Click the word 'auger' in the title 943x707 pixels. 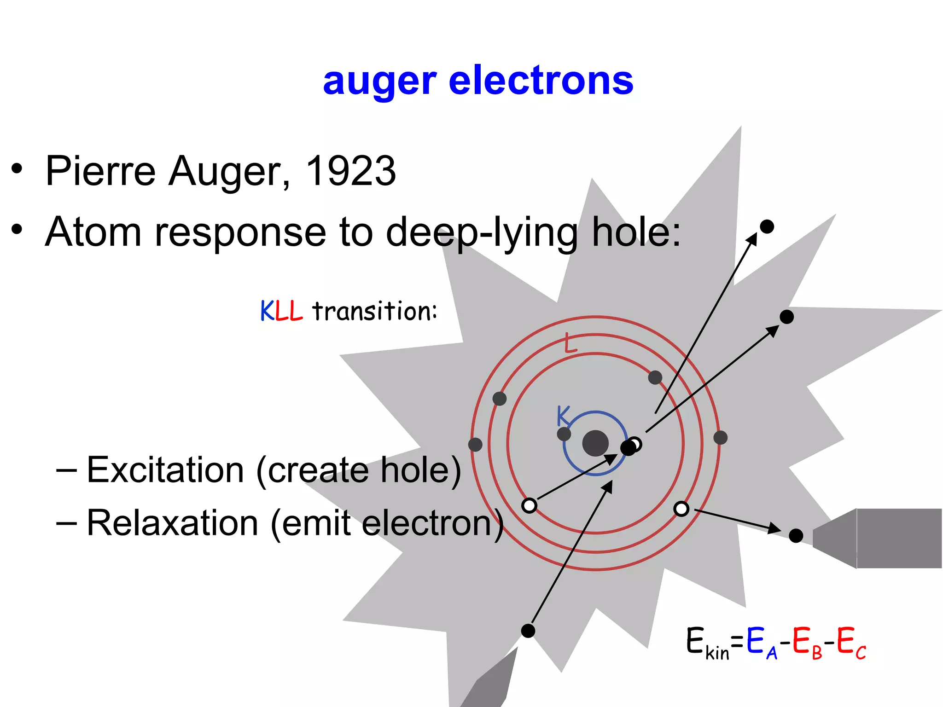coord(379,82)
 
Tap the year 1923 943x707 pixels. coord(350,171)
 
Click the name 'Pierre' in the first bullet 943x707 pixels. coord(100,171)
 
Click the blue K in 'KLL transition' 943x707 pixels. coord(267,311)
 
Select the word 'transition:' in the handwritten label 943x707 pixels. coord(374,311)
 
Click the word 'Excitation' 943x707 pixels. coord(165,470)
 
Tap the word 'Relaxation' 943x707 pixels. coord(172,523)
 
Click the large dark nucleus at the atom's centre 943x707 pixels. coord(595,443)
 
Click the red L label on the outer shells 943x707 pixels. coord(570,344)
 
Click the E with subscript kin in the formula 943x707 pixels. coord(707,643)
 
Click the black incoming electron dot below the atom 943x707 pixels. coord(528,631)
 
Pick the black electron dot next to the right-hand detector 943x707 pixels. coord(796,535)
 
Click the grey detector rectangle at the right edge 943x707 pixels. coord(898,538)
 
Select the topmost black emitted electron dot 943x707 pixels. coord(767,226)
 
